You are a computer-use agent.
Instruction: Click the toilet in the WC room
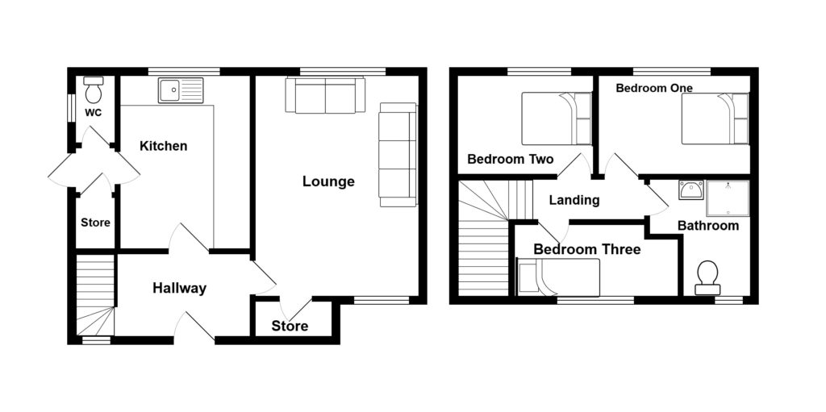tap(94, 85)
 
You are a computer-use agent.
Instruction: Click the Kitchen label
tap(164, 146)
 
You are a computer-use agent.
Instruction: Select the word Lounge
tap(328, 181)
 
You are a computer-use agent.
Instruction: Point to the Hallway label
tap(179, 288)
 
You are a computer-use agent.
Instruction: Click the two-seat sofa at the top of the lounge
tap(325, 96)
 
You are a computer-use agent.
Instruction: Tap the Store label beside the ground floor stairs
tap(95, 223)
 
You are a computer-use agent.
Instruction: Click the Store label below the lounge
tap(290, 327)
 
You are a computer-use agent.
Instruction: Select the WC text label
tap(94, 113)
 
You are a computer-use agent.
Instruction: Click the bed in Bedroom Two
tap(557, 118)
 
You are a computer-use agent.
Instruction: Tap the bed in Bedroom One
tap(715, 119)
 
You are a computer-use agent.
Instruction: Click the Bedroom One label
tap(654, 88)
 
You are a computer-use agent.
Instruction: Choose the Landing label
tap(574, 200)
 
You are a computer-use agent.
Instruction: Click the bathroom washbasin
tap(690, 190)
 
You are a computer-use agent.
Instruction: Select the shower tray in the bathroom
tap(728, 198)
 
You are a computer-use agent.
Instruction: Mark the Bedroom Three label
tap(586, 249)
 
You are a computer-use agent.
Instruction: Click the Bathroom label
tap(707, 226)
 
